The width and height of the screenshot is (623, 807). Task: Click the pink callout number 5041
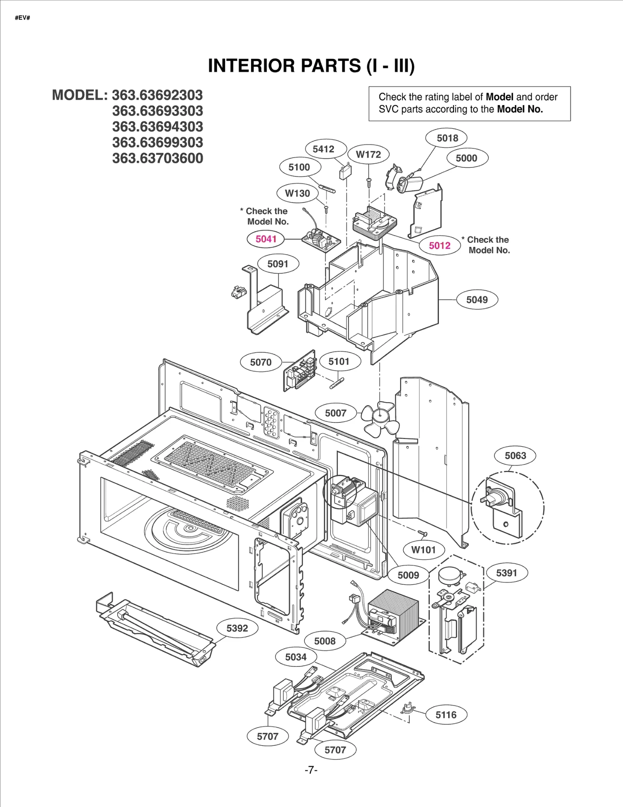coord(266,239)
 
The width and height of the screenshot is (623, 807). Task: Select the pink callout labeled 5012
coord(440,246)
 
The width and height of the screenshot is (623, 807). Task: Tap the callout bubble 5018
coord(447,138)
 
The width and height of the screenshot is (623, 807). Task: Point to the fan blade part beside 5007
coord(380,419)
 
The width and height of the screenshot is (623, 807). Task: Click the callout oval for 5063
coord(515,456)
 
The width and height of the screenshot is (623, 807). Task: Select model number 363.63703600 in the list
coord(158,158)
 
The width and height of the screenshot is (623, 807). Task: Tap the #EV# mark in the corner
coord(22,18)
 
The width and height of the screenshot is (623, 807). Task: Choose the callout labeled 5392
coord(237,628)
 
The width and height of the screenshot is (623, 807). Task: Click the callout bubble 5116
coord(446,715)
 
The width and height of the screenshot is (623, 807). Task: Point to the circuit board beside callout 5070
coord(301,371)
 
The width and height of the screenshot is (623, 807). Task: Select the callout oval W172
coord(368,155)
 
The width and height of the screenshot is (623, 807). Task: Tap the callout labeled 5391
coord(507,573)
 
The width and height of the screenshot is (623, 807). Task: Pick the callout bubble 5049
coord(477,300)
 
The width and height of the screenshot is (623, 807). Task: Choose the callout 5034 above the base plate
coord(296,657)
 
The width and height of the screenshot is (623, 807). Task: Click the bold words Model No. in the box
coord(520,109)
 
